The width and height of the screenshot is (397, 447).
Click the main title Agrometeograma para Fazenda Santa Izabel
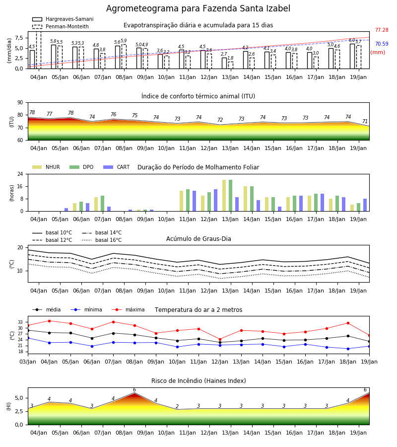pos(198,8)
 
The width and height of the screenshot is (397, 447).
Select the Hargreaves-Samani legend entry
pos(63,19)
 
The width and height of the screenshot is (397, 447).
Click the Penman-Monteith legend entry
pos(61,26)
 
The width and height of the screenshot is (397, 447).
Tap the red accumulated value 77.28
pos(382,30)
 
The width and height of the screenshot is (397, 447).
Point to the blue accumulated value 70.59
pos(382,44)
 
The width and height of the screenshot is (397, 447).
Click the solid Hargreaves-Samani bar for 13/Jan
pos(224,63)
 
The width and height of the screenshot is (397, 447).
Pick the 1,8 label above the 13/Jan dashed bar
pos(230,58)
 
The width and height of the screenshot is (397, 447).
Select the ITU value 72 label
pos(220,120)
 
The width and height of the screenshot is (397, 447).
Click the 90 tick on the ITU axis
pos(20,103)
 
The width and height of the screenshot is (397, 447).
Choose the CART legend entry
pos(117,167)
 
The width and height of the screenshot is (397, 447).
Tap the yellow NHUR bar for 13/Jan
pos(224,196)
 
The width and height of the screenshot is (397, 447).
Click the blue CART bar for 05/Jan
pos(66,210)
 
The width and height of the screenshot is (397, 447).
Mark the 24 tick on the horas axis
pos(20,174)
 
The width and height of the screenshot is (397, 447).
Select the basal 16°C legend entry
pos(102,240)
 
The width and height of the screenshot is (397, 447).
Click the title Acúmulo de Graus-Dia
pos(198,239)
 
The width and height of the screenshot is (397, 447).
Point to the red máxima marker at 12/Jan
pos(220,340)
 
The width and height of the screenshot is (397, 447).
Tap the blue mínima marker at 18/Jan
pos(348,349)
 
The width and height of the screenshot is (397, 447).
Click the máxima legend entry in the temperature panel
pos(128,309)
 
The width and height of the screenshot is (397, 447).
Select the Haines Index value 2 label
pos(177,406)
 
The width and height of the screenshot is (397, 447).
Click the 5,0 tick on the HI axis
pos(19,398)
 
